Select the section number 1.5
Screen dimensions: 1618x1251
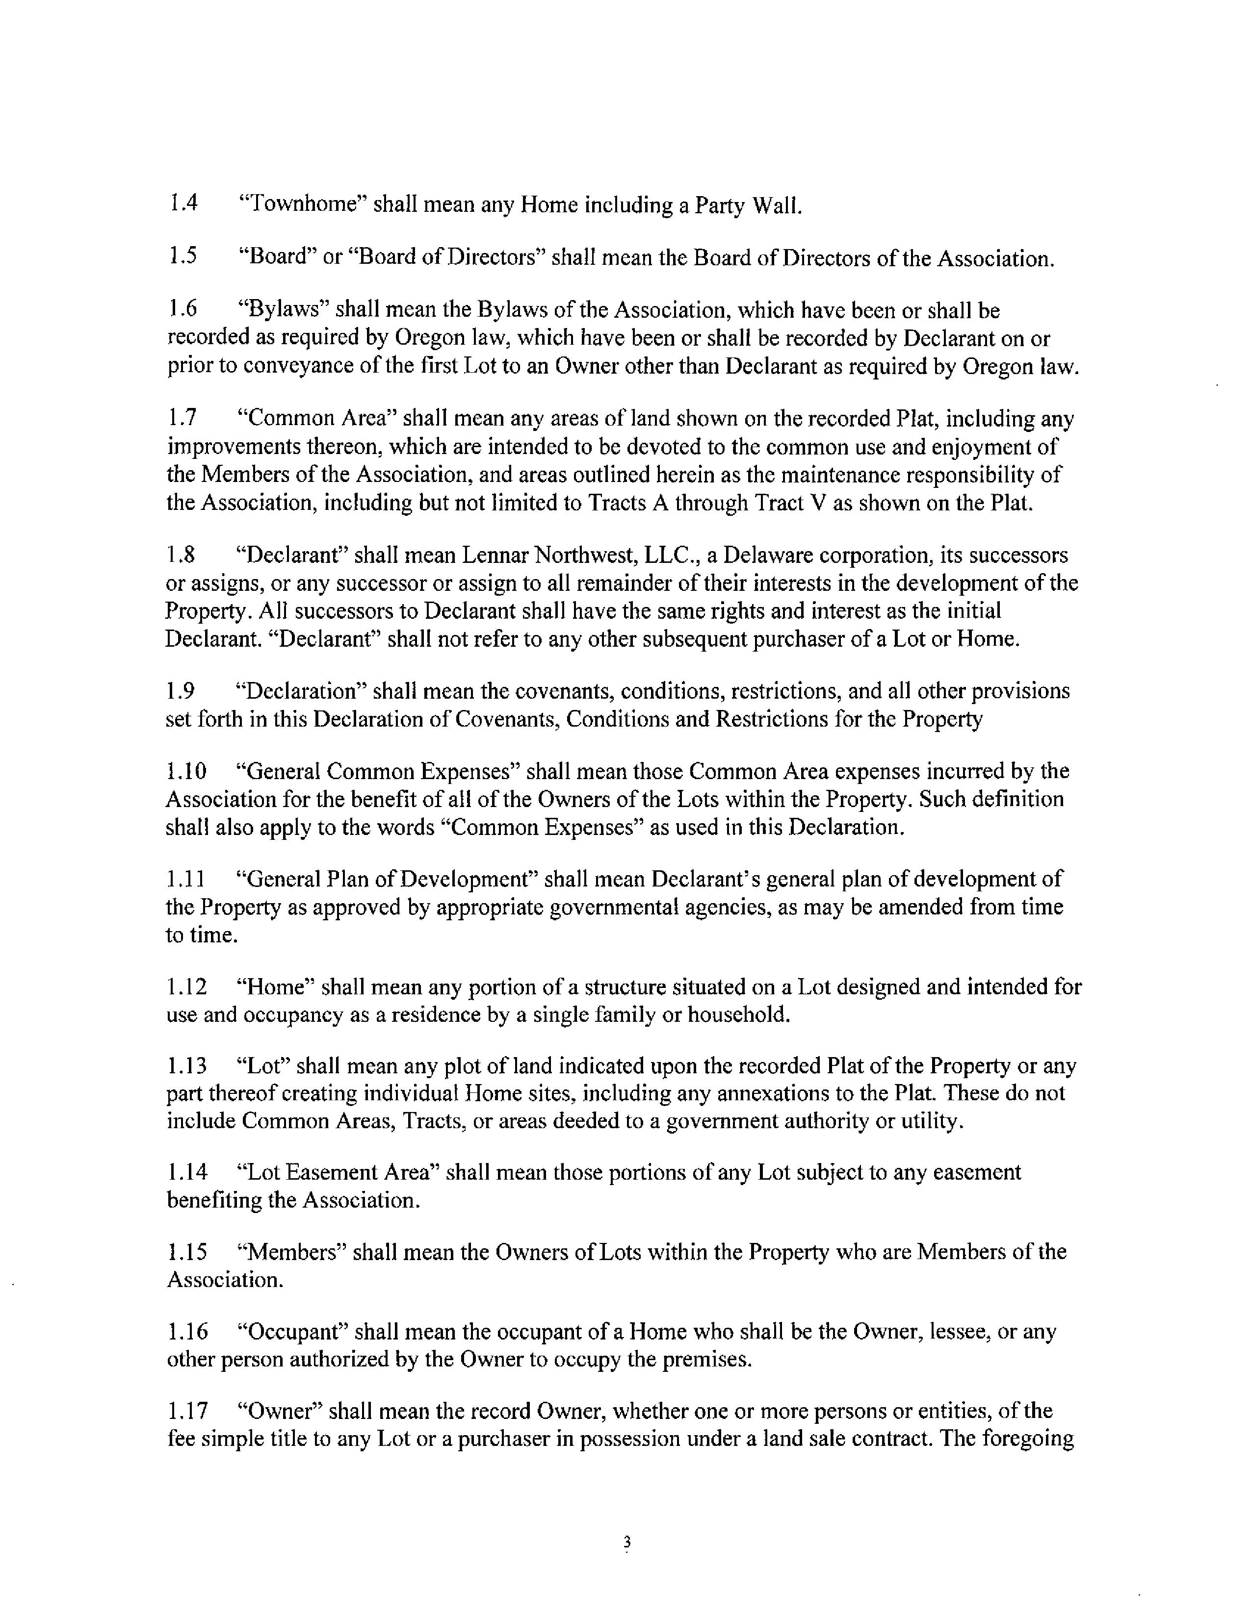[183, 257]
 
